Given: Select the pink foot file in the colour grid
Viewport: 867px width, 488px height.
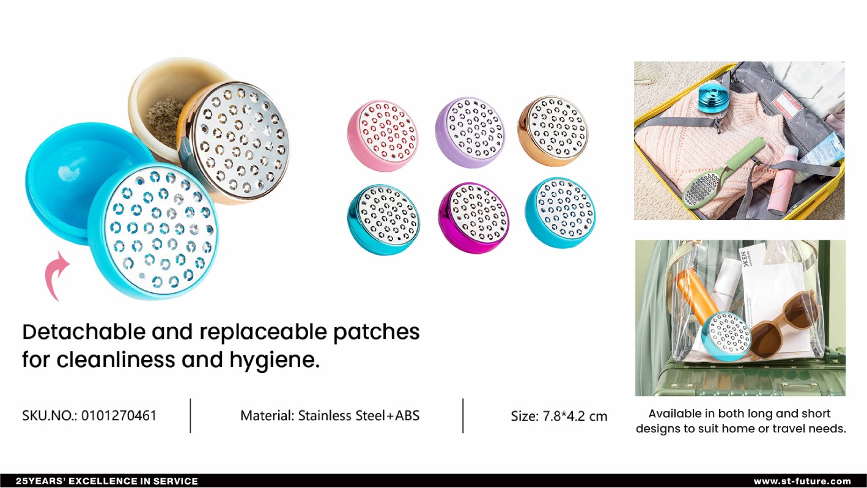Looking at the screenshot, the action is pyautogui.click(x=382, y=135).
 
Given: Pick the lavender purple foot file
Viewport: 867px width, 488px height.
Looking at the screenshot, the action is pyautogui.click(x=470, y=132).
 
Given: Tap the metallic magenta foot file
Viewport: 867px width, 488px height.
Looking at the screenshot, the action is pyautogui.click(x=473, y=218).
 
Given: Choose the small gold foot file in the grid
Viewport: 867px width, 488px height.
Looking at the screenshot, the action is pyautogui.click(x=553, y=131).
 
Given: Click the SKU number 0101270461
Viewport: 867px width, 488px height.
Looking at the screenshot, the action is pyautogui.click(x=119, y=416).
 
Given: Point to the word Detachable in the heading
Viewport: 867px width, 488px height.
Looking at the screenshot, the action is pyautogui.click(x=83, y=332).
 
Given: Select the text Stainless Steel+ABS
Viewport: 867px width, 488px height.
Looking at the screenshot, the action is pyautogui.click(x=359, y=416).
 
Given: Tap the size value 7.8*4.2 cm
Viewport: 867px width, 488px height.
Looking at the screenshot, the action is pyautogui.click(x=575, y=416).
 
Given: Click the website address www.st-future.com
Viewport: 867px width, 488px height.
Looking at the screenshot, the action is pyautogui.click(x=802, y=481).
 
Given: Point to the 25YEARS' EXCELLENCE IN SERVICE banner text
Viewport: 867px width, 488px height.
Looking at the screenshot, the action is pyautogui.click(x=107, y=481).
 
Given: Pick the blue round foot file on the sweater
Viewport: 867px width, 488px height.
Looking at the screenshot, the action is pyautogui.click(x=714, y=97).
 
